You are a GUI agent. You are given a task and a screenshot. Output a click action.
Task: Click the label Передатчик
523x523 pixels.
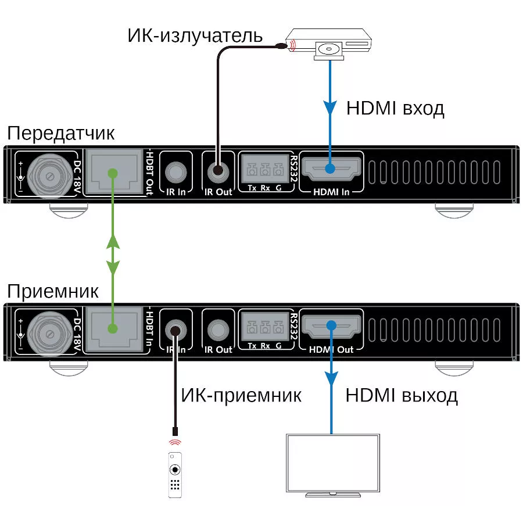60,133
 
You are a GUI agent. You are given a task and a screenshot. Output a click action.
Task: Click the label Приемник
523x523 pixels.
53,291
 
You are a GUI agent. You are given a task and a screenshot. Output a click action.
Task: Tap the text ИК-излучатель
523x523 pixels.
195,35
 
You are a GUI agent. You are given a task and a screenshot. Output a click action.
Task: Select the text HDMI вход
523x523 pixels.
395,109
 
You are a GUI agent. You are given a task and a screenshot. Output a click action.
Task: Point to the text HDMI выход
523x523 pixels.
402,396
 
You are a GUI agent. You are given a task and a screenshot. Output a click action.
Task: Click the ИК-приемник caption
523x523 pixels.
241,396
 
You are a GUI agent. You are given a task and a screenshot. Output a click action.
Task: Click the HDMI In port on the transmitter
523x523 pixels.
330,169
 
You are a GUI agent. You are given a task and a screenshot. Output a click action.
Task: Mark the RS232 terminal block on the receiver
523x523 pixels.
264,328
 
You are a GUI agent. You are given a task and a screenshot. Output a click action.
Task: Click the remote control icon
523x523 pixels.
175,474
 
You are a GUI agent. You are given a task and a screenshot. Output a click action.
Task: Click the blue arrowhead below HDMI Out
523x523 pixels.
331,379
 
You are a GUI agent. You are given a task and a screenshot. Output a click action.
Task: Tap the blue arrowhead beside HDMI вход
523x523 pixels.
331,108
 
